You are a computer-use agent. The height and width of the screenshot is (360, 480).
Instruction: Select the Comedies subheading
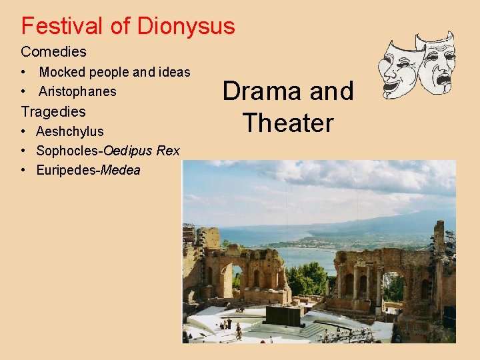coord(53,51)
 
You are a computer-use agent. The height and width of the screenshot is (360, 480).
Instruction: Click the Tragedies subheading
coord(53,111)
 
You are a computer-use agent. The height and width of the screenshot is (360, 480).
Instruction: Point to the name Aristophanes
coord(77,91)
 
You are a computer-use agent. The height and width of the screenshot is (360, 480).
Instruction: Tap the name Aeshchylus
coord(70,131)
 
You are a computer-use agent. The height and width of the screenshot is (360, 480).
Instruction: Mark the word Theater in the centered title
coord(287,123)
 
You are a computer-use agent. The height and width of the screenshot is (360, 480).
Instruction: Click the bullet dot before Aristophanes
coord(23,91)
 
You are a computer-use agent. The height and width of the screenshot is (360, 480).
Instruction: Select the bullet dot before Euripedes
coord(23,170)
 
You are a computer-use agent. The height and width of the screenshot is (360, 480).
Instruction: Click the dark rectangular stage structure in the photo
coord(283,315)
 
